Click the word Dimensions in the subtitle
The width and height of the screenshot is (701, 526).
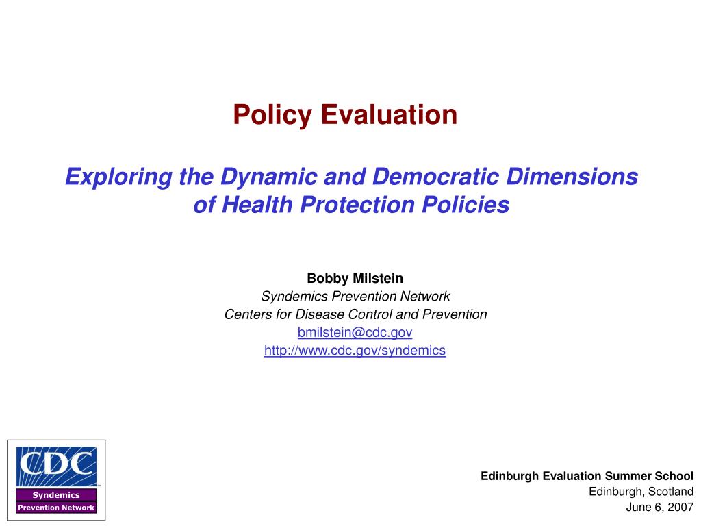point(572,177)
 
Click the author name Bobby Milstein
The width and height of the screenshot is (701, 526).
point(355,278)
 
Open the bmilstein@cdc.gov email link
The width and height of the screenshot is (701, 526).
point(355,332)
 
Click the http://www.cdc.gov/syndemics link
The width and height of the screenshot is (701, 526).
point(355,350)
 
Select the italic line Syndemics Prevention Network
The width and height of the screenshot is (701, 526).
point(355,296)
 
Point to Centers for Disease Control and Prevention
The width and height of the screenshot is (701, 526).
point(355,314)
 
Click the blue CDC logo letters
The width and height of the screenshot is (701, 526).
point(56,465)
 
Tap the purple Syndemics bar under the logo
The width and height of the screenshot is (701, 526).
point(56,494)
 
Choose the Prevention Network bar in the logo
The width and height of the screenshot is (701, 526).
point(56,508)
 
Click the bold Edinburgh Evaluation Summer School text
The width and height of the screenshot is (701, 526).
point(587,475)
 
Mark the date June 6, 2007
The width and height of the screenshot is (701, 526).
point(660,508)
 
